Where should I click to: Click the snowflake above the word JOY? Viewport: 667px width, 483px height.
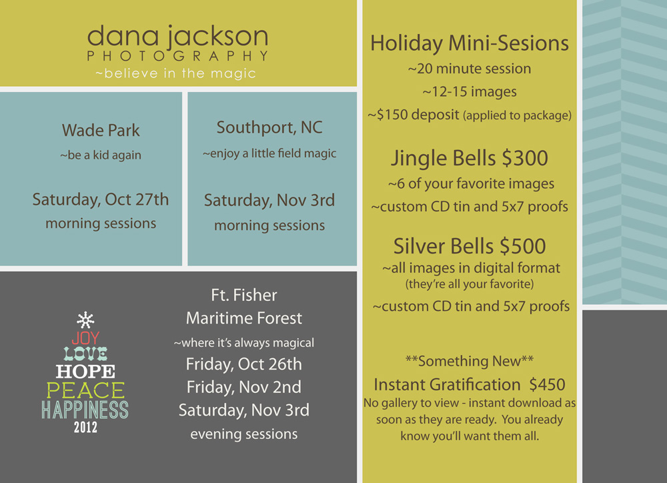pos(85,320)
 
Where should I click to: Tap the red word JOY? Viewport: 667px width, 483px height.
pos(86,338)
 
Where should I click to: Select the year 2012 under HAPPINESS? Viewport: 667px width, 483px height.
pos(85,427)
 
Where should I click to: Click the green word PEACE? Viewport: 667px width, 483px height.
pos(85,390)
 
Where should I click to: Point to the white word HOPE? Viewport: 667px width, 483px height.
pos(85,372)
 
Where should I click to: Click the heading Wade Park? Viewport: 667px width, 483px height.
pos(101,130)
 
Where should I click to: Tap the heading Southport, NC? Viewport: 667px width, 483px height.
pos(269,127)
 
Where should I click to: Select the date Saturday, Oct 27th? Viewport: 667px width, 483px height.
pos(101,199)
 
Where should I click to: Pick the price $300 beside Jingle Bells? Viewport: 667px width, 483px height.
pos(525,158)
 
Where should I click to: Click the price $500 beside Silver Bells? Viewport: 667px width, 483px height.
pos(523,246)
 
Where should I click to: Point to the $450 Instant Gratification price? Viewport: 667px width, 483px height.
pos(547,385)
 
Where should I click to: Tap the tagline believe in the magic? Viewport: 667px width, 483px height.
pos(175,73)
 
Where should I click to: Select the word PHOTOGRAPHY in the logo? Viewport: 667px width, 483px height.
pos(178,56)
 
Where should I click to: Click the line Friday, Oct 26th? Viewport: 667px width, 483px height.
pos(243,364)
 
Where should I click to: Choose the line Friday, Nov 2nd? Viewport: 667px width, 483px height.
pos(243,387)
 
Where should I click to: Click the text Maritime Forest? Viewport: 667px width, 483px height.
pos(243,318)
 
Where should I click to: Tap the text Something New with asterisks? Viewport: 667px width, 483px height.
pos(470,361)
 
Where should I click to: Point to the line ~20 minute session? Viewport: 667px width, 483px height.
pos(470,69)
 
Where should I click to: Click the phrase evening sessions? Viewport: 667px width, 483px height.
pos(243,434)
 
